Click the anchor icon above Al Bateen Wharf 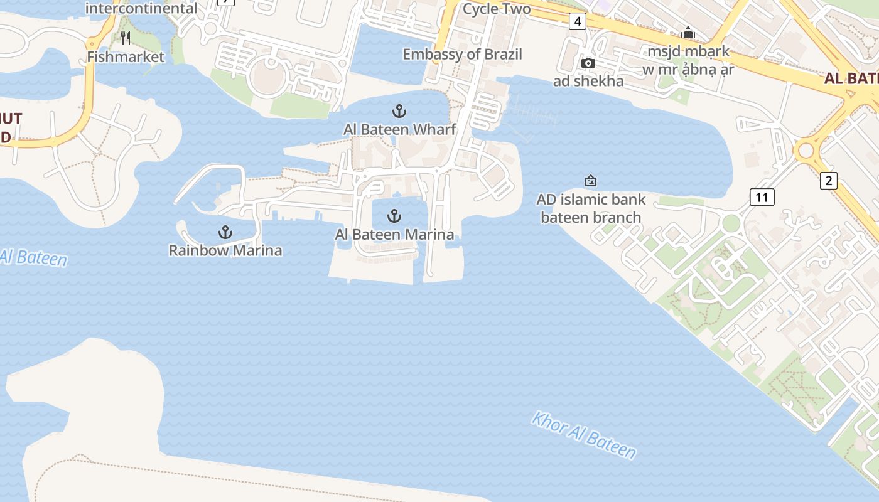[x=399, y=112]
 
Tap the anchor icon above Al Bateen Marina [x=394, y=216]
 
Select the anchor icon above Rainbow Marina [x=225, y=233]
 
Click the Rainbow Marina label [x=225, y=250]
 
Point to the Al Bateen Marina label [x=394, y=235]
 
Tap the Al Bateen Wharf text [x=399, y=129]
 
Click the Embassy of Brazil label [x=462, y=54]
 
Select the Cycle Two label [x=496, y=9]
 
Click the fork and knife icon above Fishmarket [x=126, y=38]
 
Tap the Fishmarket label [x=126, y=56]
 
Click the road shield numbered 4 [x=578, y=22]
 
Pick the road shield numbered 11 [x=762, y=197]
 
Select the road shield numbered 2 [x=829, y=181]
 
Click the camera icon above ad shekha [x=588, y=63]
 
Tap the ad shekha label [x=588, y=81]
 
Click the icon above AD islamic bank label [x=590, y=181]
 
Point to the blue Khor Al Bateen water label [x=584, y=435]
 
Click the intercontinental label [x=141, y=8]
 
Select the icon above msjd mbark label [x=688, y=33]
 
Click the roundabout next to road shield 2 [x=806, y=151]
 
